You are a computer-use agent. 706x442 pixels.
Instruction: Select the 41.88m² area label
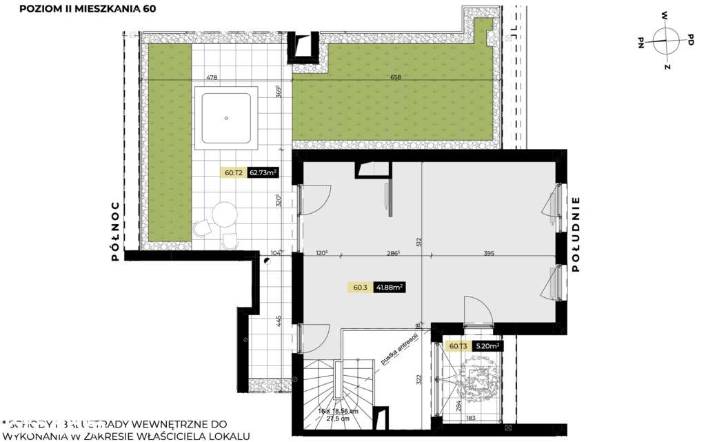pos(389,288)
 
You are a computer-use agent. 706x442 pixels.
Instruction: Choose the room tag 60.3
pos(360,288)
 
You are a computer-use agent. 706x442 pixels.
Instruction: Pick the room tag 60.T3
pos(458,347)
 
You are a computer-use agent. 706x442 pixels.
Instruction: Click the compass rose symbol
pos(665,40)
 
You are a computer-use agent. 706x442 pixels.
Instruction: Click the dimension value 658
pos(395,77)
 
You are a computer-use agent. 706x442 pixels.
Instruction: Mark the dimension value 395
pos(489,254)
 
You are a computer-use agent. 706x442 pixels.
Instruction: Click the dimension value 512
pos(418,242)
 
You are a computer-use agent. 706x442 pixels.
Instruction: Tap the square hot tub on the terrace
pos(226,118)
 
